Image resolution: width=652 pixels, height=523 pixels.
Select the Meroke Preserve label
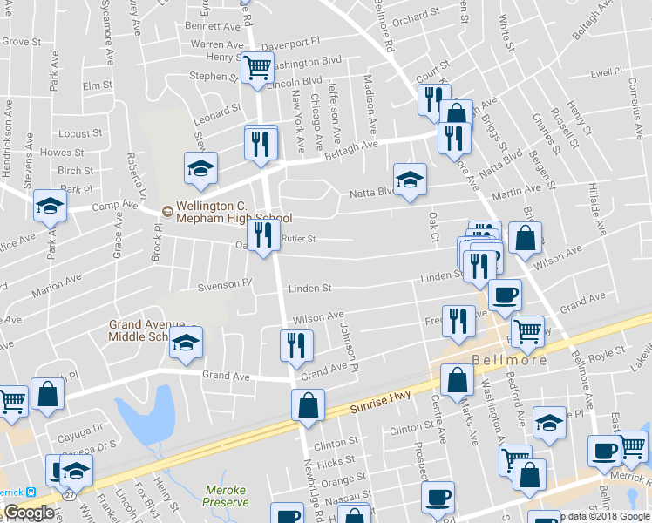(x=226, y=496)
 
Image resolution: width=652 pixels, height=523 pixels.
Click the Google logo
(x=29, y=513)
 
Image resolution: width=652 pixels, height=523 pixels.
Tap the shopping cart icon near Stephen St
(x=257, y=67)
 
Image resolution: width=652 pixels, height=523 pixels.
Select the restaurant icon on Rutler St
(x=262, y=234)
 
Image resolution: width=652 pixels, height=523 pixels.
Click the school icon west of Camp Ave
(x=50, y=206)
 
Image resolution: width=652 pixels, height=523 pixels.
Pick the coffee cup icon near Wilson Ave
(x=505, y=294)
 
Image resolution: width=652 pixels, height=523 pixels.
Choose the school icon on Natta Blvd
(x=410, y=179)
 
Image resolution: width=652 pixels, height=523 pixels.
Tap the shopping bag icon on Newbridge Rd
(x=307, y=404)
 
